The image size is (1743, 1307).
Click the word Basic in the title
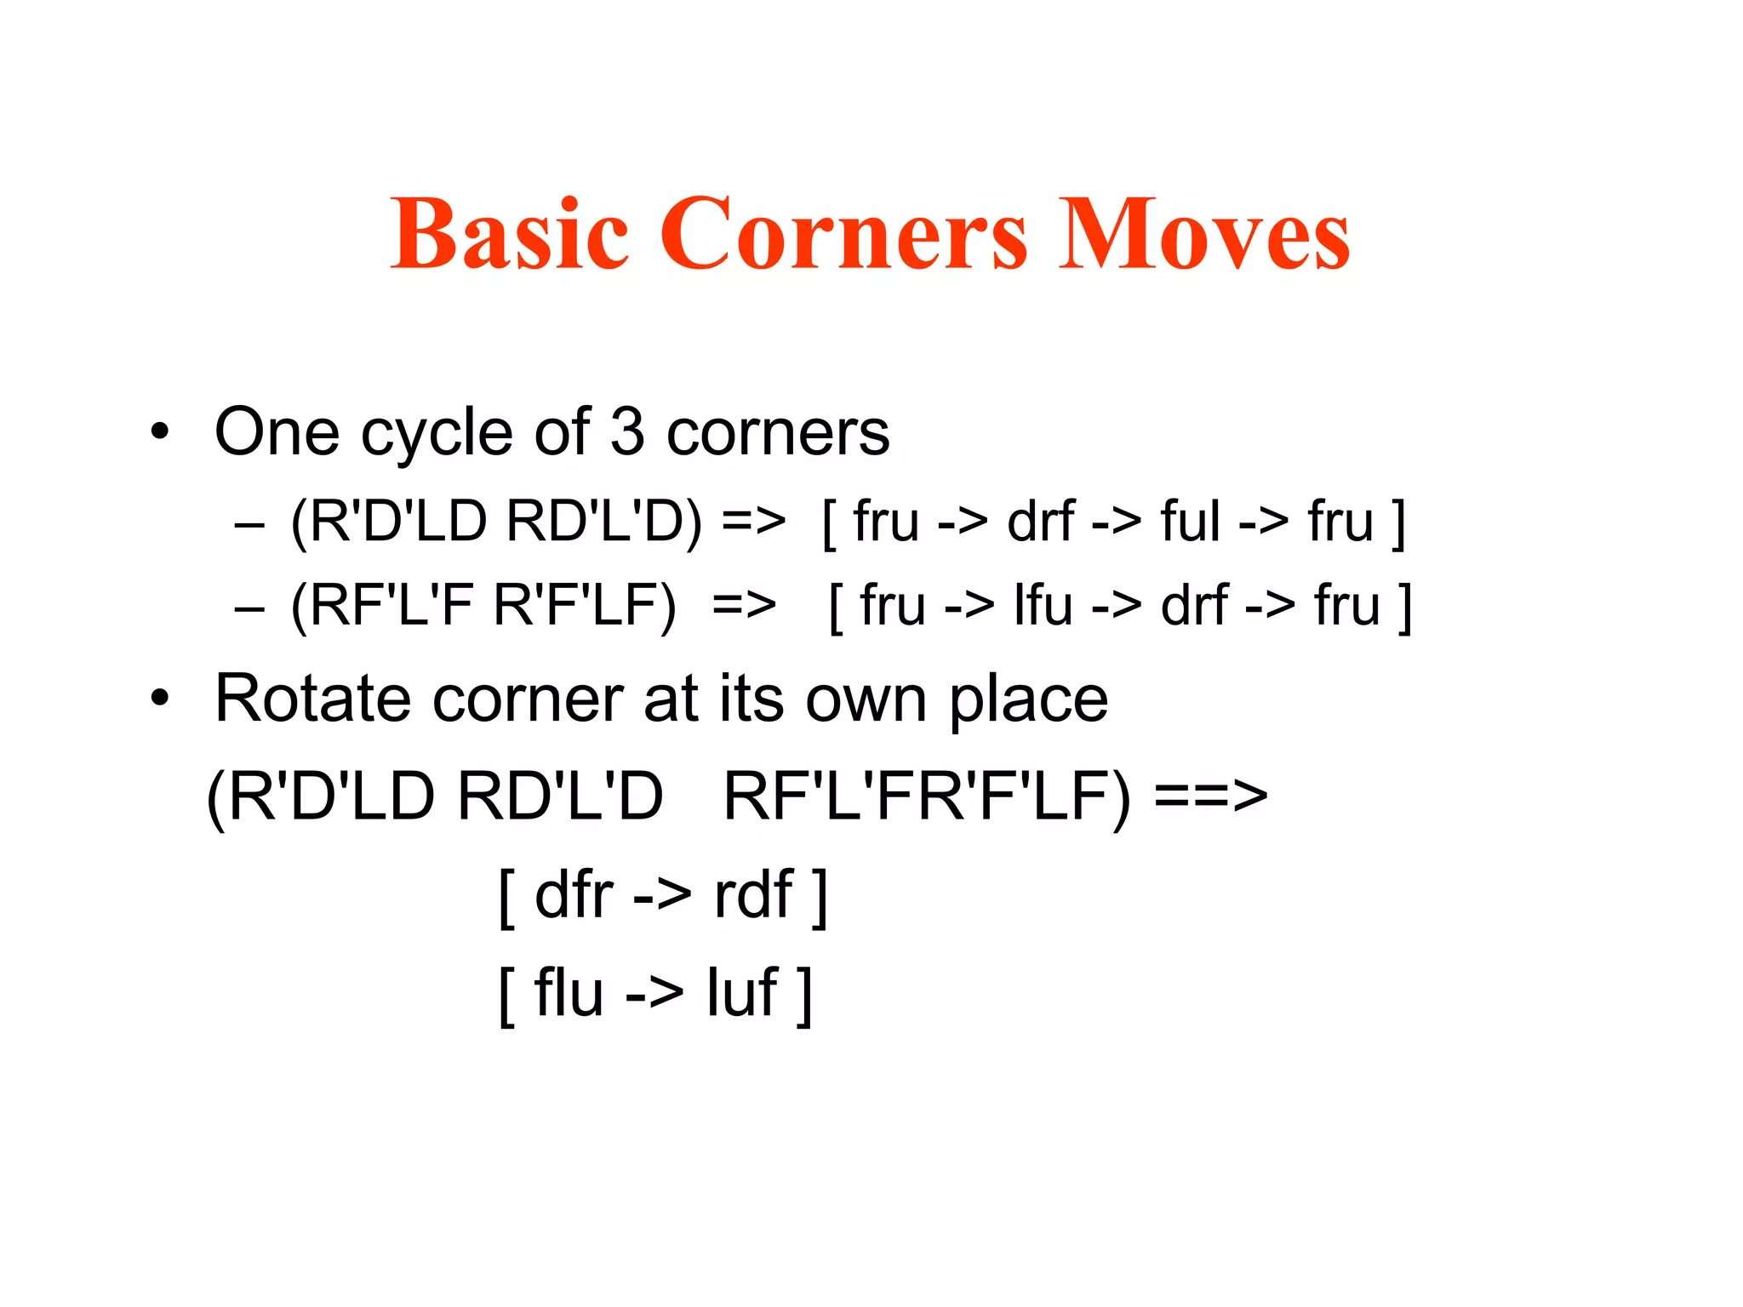pos(509,233)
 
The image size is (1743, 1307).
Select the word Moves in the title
pos(1203,233)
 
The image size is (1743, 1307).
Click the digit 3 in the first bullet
pos(627,432)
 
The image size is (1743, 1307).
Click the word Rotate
pos(311,699)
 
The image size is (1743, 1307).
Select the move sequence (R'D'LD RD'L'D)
pos(496,521)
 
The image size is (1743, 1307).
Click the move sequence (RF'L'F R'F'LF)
pos(483,607)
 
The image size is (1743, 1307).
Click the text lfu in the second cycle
pos(1043,607)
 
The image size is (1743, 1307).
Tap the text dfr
pos(574,895)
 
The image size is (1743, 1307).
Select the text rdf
pos(754,895)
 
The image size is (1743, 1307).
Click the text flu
pos(569,993)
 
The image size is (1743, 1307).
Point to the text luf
pos(741,993)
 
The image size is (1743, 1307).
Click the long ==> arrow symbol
pos(1210,797)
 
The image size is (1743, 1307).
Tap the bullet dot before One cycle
pos(159,432)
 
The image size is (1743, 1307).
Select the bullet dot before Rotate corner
pos(159,699)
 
